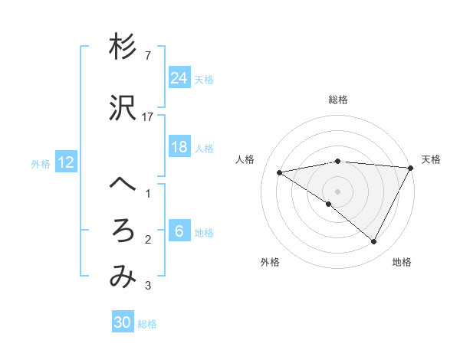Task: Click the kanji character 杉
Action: click(x=123, y=48)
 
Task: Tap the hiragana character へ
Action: click(x=123, y=185)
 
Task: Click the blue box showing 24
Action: click(x=179, y=78)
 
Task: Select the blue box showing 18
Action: click(x=179, y=147)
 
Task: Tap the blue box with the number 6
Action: click(x=179, y=232)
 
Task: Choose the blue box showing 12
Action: click(x=66, y=162)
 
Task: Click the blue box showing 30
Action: click(x=122, y=322)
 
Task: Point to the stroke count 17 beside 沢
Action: click(x=148, y=117)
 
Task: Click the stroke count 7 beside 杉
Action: click(x=146, y=56)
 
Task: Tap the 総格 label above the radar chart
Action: click(x=337, y=100)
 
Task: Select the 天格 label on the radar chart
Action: click(x=431, y=159)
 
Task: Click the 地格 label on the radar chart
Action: click(x=402, y=262)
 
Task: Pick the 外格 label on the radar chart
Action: click(x=270, y=262)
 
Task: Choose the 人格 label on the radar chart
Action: click(x=245, y=159)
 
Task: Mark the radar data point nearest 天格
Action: click(x=411, y=168)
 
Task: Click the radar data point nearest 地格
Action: click(x=374, y=242)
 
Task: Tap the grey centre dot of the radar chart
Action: click(x=337, y=191)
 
